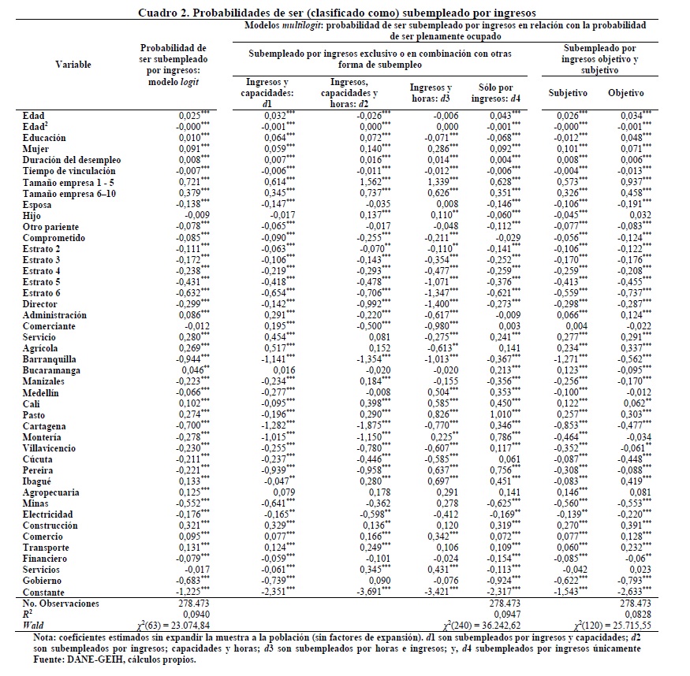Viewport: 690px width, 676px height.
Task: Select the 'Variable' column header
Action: pyautogui.click(x=73, y=65)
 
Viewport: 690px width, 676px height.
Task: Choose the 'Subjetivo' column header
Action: pyautogui.click(x=569, y=93)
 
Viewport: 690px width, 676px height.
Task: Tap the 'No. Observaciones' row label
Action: pyautogui.click(x=62, y=603)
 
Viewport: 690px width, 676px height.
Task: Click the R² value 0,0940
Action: pyautogui.click(x=192, y=614)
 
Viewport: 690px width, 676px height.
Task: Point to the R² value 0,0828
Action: pyautogui.click(x=636, y=614)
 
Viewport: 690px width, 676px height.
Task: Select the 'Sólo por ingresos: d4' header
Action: pyautogui.click(x=490, y=92)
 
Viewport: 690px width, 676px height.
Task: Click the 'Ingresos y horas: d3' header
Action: pyautogui.click(x=431, y=92)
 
